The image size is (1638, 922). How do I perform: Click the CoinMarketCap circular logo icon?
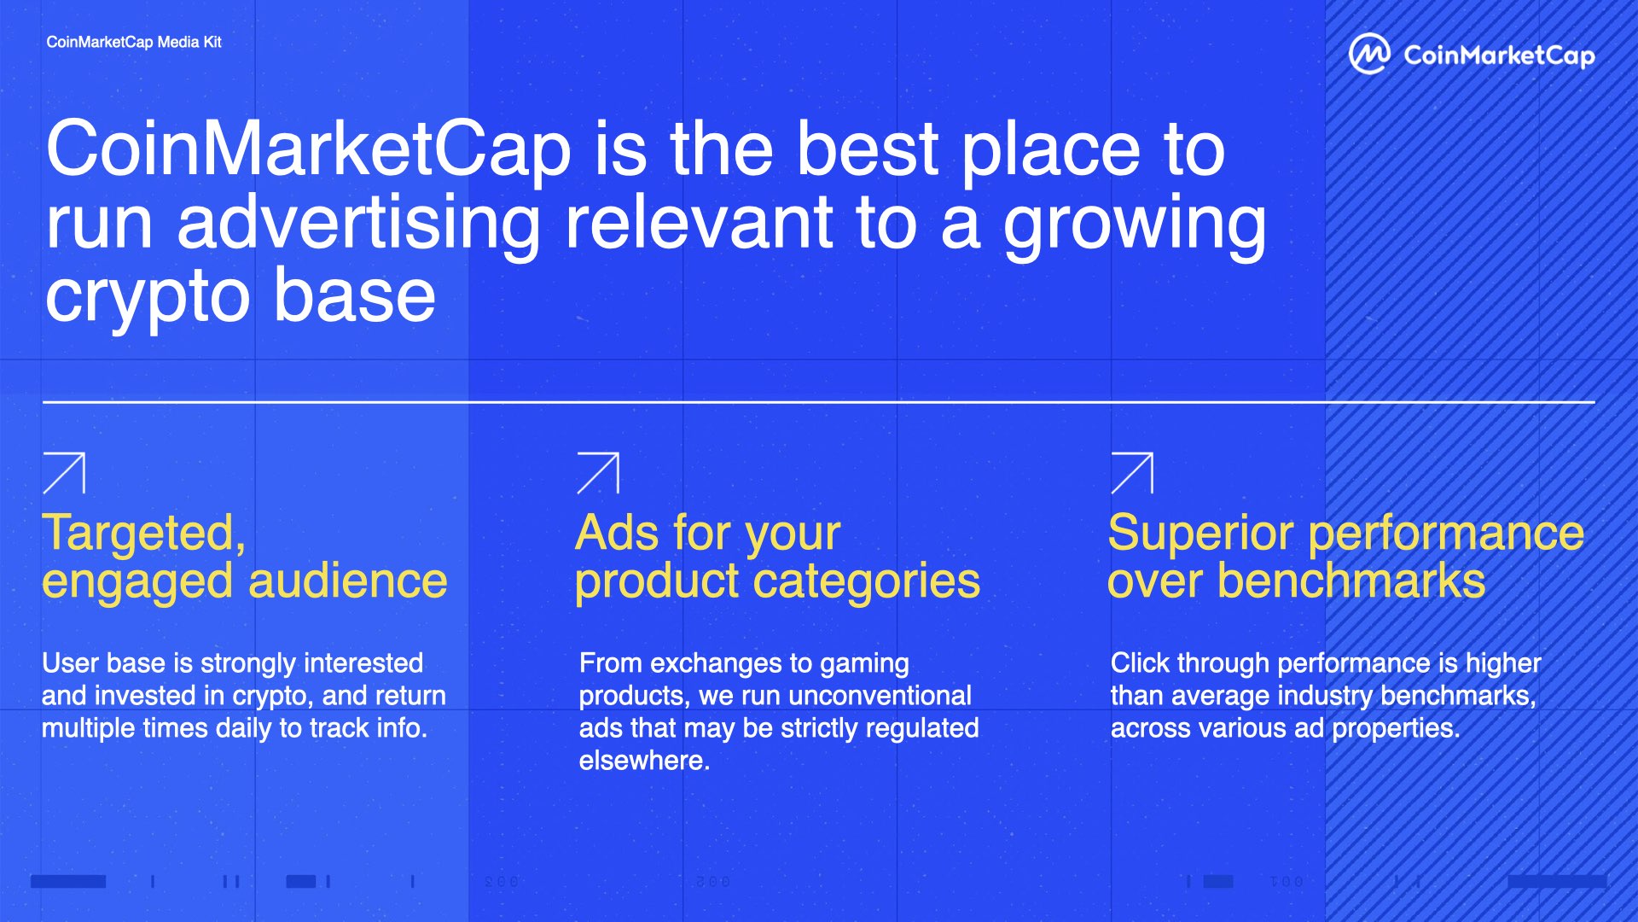pos(1369,54)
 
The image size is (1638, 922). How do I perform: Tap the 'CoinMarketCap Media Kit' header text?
pos(134,42)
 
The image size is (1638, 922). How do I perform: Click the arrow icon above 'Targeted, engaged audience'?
pos(64,473)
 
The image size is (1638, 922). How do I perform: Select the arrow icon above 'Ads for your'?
pos(598,473)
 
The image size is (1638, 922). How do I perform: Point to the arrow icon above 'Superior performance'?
pos(1132,473)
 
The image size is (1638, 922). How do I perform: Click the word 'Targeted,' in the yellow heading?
pos(144,534)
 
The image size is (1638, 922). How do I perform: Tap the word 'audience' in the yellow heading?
pos(348,581)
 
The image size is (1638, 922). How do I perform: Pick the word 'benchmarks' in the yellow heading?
pos(1351,581)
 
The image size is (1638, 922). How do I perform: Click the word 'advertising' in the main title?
pos(358,223)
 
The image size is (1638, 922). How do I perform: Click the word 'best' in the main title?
pos(867,149)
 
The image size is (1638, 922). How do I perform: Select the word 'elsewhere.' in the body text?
pos(645,761)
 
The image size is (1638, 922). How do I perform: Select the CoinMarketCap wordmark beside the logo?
pos(1499,55)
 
